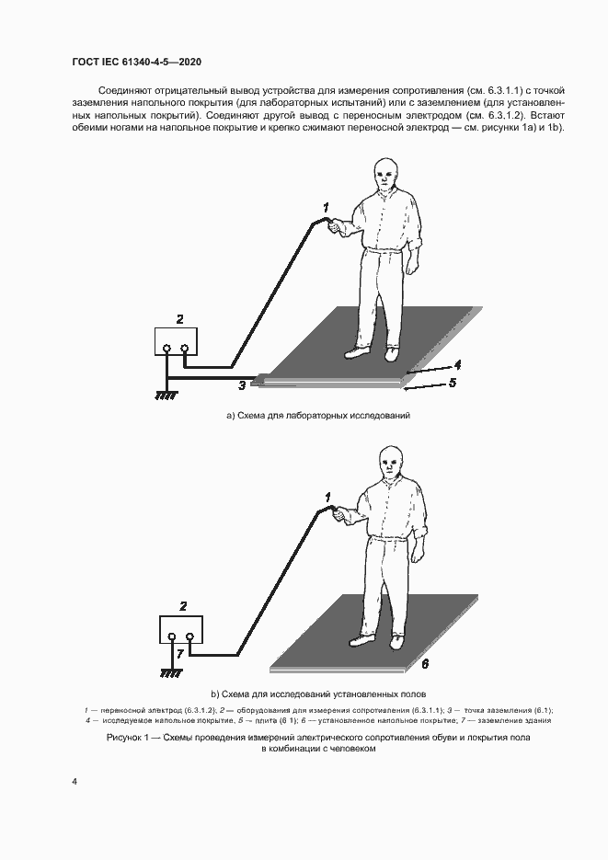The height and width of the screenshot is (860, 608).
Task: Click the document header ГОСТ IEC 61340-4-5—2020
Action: click(x=136, y=62)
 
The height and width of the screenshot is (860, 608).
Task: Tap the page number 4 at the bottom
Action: click(x=74, y=781)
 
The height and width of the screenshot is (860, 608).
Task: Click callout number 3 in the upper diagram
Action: click(x=242, y=385)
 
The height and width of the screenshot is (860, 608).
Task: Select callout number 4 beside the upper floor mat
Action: click(x=457, y=363)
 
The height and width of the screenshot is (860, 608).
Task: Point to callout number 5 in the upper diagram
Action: click(x=453, y=383)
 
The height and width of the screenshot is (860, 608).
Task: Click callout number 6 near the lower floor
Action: click(x=425, y=664)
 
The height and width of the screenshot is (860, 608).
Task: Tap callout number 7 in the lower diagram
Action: click(x=179, y=653)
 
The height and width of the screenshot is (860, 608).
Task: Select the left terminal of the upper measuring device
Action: click(x=167, y=348)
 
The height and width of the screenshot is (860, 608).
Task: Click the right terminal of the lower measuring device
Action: click(x=190, y=636)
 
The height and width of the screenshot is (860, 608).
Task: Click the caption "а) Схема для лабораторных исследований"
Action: click(x=318, y=415)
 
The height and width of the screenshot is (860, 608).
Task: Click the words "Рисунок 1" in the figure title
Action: click(x=128, y=738)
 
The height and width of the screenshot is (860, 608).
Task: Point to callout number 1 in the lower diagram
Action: click(x=327, y=498)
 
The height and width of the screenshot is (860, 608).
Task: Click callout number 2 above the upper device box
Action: click(x=179, y=319)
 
